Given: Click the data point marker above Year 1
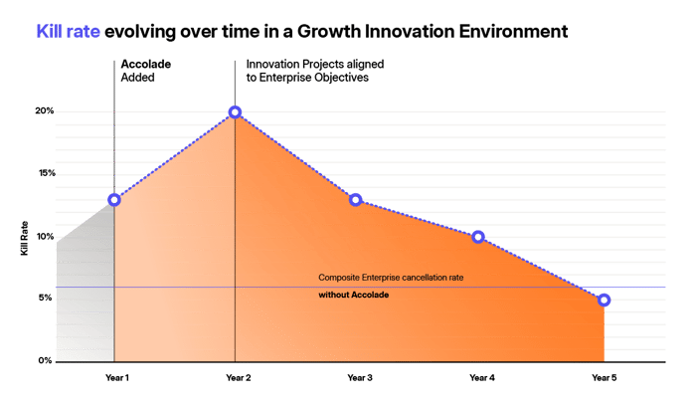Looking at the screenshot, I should pyautogui.click(x=114, y=199).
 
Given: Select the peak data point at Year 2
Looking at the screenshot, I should pyautogui.click(x=235, y=111).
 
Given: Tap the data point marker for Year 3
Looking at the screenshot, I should pyautogui.click(x=356, y=199).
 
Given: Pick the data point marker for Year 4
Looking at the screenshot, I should pyautogui.click(x=478, y=237).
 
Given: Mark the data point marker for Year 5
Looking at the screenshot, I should pyautogui.click(x=605, y=301).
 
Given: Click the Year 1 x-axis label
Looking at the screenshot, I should pyautogui.click(x=114, y=378).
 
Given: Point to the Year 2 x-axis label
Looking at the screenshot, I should pyautogui.click(x=236, y=378).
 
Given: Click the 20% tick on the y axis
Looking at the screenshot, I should pyautogui.click(x=46, y=110).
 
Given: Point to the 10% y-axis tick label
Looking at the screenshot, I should pyautogui.click(x=46, y=236).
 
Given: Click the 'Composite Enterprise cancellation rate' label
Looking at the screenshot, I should pyautogui.click(x=391, y=277).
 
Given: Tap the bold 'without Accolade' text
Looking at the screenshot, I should pyautogui.click(x=353, y=296).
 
